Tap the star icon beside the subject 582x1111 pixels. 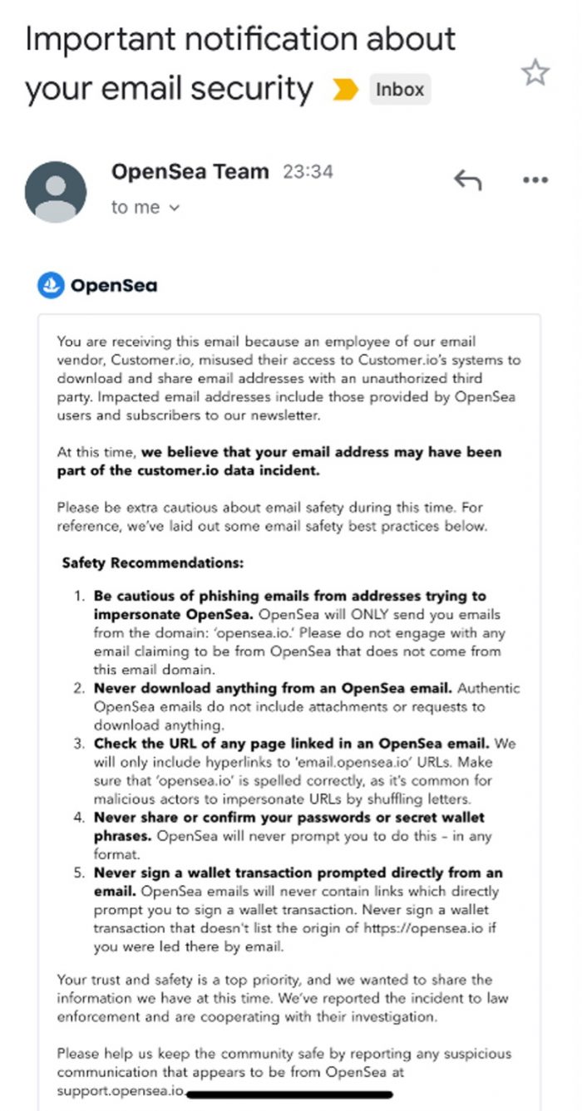point(535,73)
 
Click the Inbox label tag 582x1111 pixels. point(400,90)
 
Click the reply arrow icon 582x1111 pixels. point(467,179)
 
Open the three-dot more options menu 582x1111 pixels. point(535,180)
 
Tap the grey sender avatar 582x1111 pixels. point(56,192)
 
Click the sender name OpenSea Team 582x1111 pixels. point(190,172)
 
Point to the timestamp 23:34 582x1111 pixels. point(308,173)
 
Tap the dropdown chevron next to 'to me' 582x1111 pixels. point(174,208)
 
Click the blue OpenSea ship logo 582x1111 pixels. point(51,286)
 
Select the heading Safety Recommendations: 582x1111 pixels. point(152,563)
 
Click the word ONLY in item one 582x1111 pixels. point(340,615)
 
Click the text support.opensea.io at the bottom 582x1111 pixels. point(121,1089)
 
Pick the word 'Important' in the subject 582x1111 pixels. point(101,40)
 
